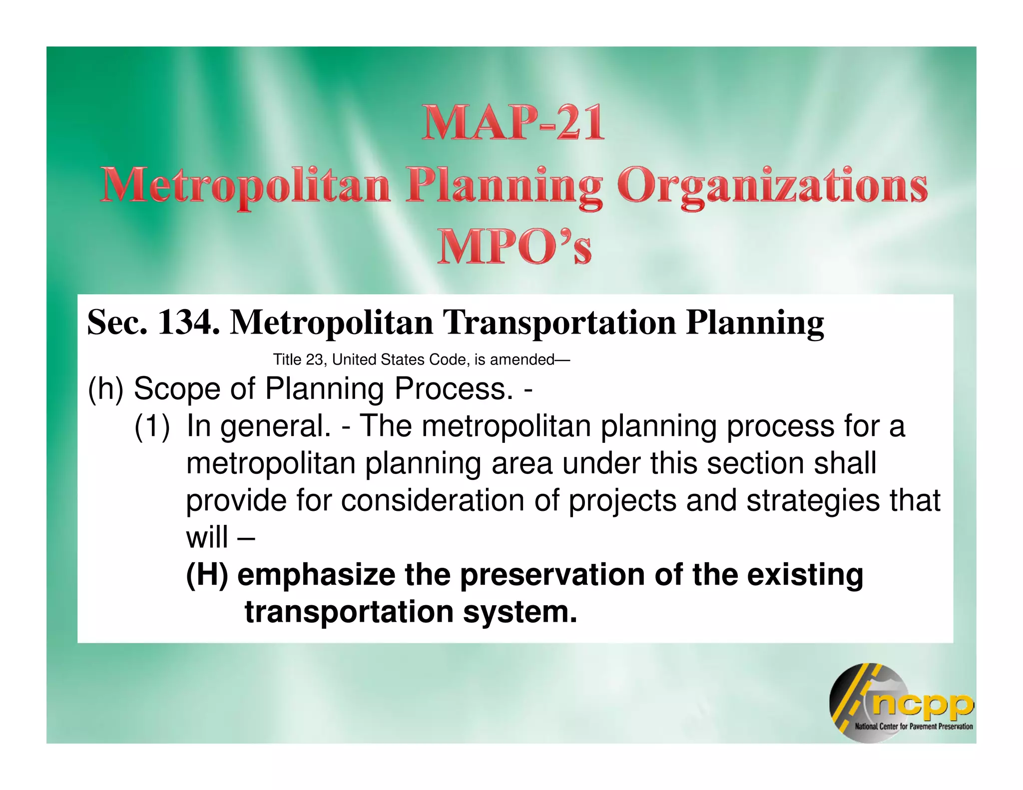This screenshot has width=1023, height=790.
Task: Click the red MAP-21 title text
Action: click(x=513, y=123)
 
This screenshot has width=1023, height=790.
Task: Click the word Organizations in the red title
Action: click(x=772, y=186)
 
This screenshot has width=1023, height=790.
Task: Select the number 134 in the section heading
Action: click(x=188, y=323)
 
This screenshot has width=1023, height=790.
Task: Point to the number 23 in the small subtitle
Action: click(x=314, y=360)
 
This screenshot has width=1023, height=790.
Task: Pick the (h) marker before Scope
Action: click(x=105, y=389)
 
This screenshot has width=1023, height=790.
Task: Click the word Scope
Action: click(x=177, y=389)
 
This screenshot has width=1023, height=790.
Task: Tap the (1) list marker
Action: click(x=152, y=426)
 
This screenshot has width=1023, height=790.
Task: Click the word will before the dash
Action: click(x=207, y=537)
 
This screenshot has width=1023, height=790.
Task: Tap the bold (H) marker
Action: click(x=207, y=575)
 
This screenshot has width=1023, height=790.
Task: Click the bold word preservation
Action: click(x=552, y=575)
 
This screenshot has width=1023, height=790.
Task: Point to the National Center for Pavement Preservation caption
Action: click(x=914, y=726)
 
